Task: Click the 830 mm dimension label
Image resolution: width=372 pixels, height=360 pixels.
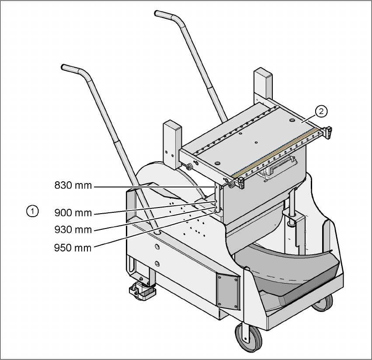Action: (x=73, y=186)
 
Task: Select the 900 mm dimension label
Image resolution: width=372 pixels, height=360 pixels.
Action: (x=73, y=213)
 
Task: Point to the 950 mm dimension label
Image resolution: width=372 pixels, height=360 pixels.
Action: (x=73, y=248)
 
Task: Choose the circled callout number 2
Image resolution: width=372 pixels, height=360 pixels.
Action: (x=321, y=112)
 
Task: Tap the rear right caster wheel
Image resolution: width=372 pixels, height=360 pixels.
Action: (x=322, y=303)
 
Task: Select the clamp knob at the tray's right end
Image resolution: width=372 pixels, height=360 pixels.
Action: (x=328, y=131)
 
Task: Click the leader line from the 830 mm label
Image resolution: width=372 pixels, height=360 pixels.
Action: (x=153, y=187)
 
